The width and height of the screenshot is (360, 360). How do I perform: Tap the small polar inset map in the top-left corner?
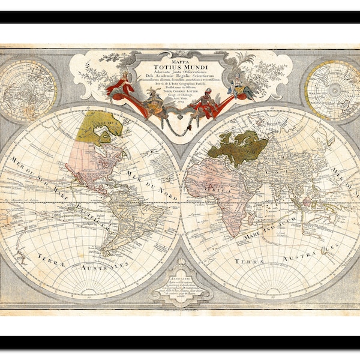[29, 91]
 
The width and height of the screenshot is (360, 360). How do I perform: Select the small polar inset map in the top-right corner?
[331, 90]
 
